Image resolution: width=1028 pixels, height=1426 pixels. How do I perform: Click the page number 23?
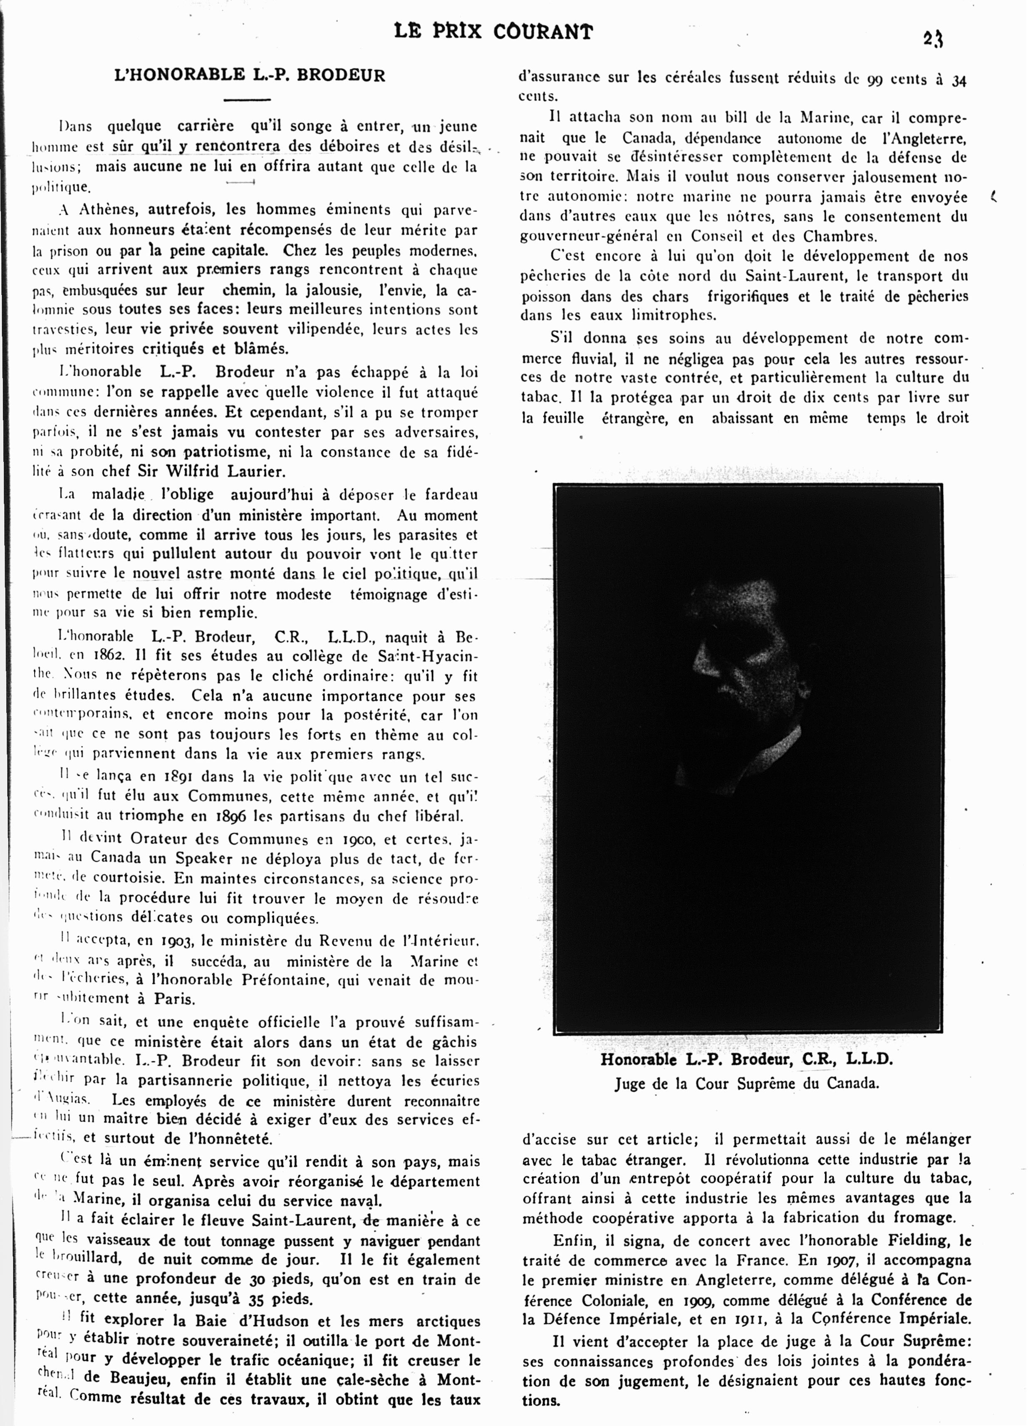[x=933, y=39]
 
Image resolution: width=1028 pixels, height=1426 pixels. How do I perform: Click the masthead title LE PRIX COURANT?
[x=493, y=32]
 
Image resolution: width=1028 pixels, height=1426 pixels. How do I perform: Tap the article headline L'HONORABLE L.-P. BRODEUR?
[x=250, y=75]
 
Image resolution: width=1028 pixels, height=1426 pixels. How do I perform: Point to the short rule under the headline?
[x=247, y=99]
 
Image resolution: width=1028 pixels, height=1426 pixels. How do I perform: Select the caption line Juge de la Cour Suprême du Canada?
[x=746, y=1083]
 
